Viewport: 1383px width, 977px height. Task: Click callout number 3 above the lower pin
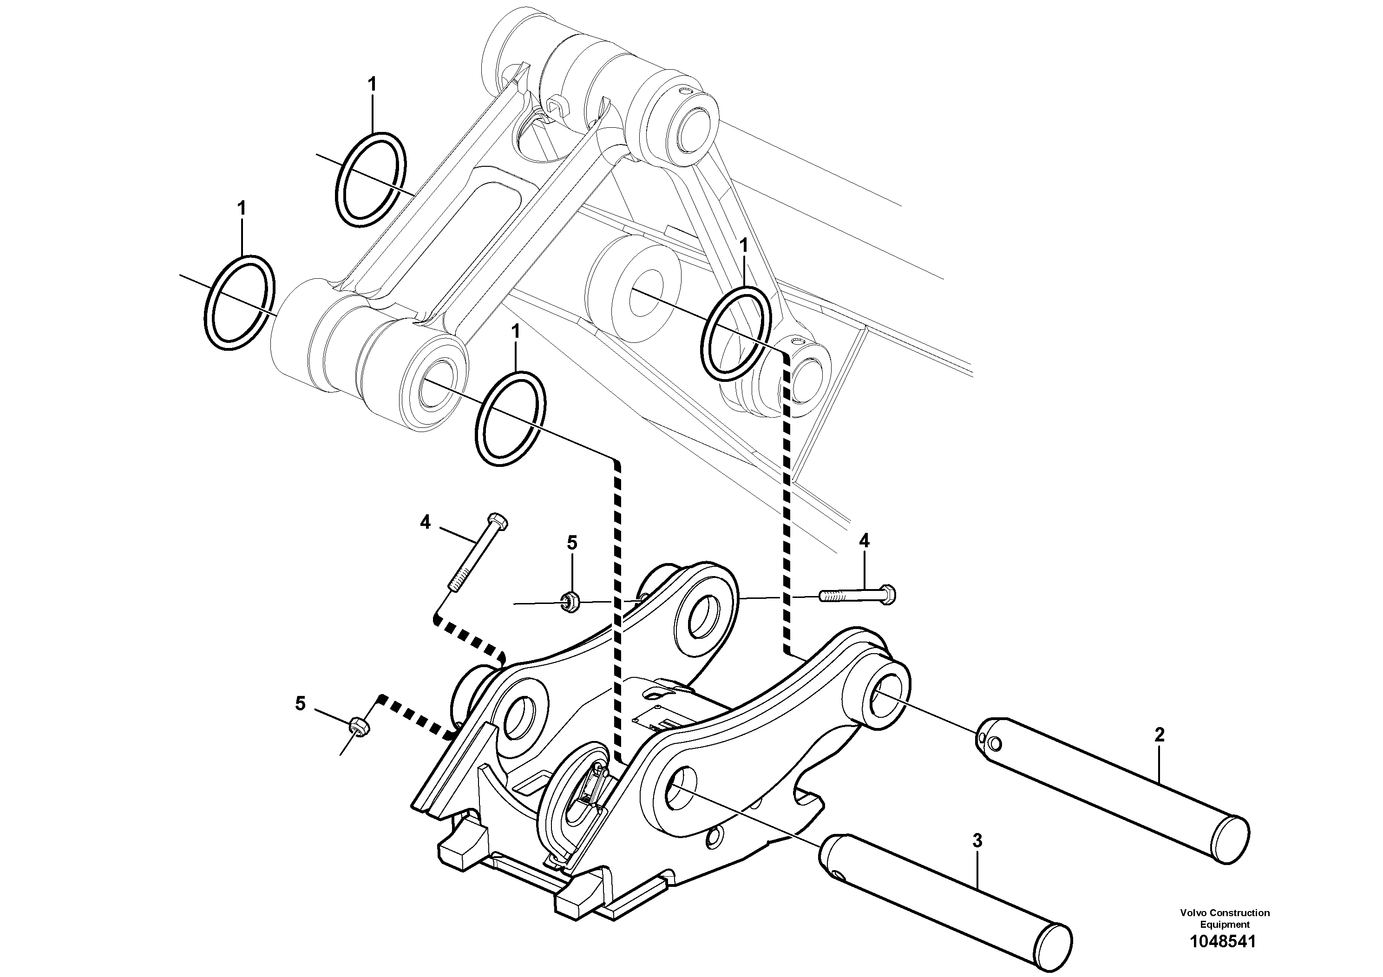tap(977, 841)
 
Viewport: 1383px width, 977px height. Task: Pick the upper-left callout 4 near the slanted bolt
tap(425, 522)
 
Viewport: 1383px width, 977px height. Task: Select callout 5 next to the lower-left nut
tap(300, 703)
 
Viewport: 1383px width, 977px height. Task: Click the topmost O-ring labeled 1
tap(369, 179)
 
